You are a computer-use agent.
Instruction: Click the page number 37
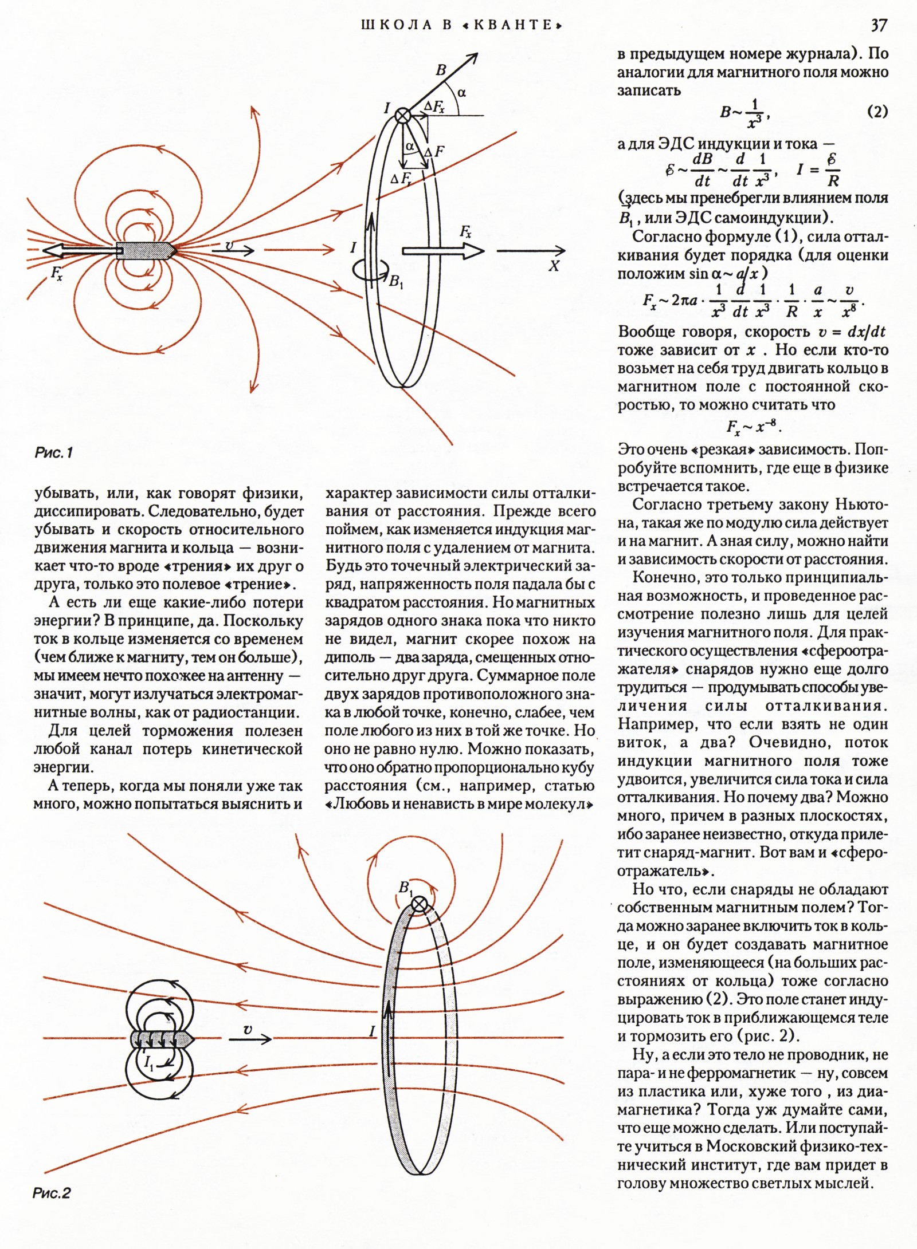(x=879, y=26)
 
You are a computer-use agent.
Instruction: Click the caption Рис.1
(x=54, y=453)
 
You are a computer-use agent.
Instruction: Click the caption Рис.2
(x=52, y=1193)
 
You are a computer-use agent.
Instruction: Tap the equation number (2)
(x=877, y=112)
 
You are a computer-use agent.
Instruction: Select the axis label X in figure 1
(x=554, y=266)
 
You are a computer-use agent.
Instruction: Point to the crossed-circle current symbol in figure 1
(x=403, y=115)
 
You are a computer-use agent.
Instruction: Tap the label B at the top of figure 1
(x=441, y=70)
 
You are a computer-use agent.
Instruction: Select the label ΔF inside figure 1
(x=434, y=152)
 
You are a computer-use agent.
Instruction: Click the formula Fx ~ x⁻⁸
(x=754, y=427)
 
